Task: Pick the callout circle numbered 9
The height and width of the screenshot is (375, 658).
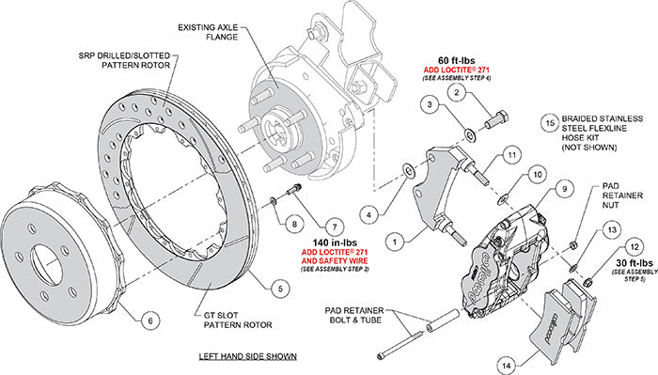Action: [x=564, y=188]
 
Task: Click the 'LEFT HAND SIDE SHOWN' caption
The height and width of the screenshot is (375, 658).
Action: [x=249, y=357]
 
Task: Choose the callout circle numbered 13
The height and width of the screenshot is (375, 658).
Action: [x=613, y=229]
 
